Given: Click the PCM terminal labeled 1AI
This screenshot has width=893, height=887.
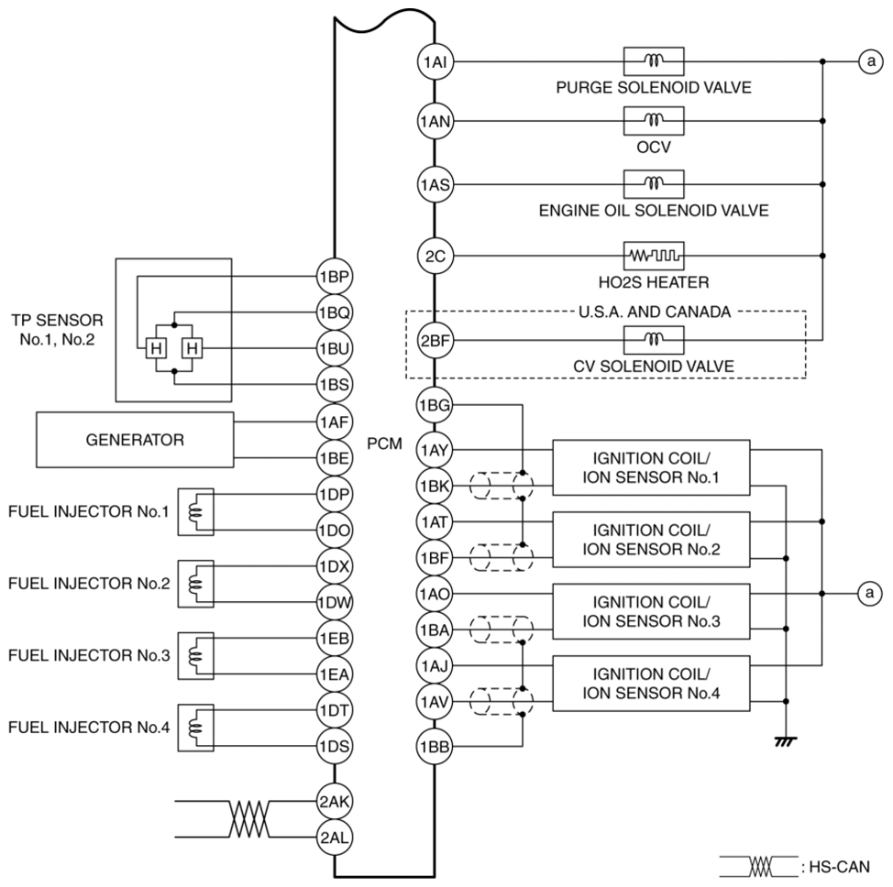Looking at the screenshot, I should click(431, 61).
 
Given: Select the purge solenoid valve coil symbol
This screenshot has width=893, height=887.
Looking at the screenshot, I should click(653, 61).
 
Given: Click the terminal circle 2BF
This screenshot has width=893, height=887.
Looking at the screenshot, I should click(431, 342).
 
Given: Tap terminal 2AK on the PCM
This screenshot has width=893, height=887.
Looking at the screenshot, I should click(330, 801).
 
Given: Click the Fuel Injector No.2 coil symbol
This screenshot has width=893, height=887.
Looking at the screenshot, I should click(195, 583).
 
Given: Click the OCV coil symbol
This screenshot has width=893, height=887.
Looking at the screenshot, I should click(653, 120).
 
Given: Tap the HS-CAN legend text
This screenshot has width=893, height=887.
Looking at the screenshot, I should click(829, 868).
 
